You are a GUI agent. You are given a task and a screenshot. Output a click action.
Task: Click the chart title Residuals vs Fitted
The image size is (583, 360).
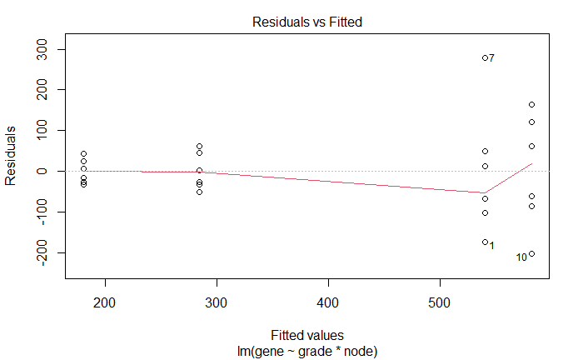306,22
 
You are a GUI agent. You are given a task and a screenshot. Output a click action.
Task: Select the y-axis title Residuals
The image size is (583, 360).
12,157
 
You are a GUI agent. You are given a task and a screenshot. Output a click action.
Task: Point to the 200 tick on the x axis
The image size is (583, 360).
105,300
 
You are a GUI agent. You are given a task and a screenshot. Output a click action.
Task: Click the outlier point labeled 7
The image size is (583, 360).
485,57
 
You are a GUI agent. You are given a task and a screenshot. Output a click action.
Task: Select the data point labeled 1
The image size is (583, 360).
485,242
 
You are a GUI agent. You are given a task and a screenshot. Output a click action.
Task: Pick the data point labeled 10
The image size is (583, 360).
531,254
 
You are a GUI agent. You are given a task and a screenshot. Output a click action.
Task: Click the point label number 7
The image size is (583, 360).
492,58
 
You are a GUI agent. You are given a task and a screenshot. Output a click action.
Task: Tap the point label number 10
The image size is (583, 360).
521,257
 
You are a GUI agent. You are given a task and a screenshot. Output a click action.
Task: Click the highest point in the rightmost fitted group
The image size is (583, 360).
531,104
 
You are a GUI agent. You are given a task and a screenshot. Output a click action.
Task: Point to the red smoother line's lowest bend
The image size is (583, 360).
485,192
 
